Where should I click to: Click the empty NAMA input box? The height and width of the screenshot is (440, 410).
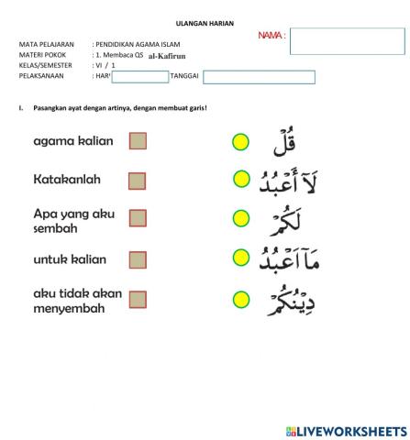[x=347, y=41]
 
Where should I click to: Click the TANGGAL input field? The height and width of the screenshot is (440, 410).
[x=259, y=76]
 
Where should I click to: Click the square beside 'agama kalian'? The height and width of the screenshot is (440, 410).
[x=138, y=141]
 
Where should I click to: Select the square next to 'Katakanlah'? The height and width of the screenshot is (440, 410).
[x=138, y=181]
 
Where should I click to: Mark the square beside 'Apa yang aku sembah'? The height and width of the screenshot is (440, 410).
[x=138, y=218]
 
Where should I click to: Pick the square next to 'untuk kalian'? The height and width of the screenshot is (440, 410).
[x=138, y=259]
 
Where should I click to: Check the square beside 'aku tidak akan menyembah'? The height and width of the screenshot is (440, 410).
[x=138, y=300]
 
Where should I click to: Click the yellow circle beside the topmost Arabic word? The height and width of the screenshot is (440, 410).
[x=240, y=141]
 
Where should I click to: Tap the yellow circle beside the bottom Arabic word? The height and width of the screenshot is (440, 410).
[x=240, y=299]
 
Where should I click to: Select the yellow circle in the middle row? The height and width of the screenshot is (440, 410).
[x=240, y=218]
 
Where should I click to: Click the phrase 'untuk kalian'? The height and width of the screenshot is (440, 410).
[x=69, y=259]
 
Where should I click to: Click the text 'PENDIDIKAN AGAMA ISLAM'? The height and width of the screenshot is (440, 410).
[x=142, y=43]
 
